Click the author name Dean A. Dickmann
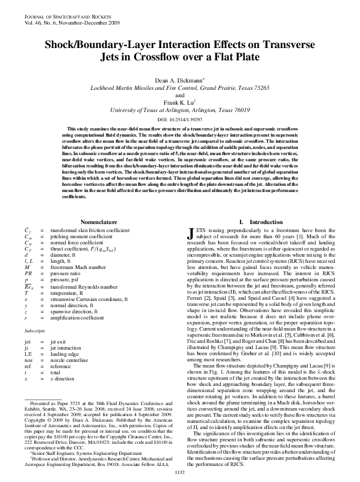[179, 80]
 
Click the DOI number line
[179, 118]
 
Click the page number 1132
[179, 472]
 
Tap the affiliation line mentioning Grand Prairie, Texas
[179, 87]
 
